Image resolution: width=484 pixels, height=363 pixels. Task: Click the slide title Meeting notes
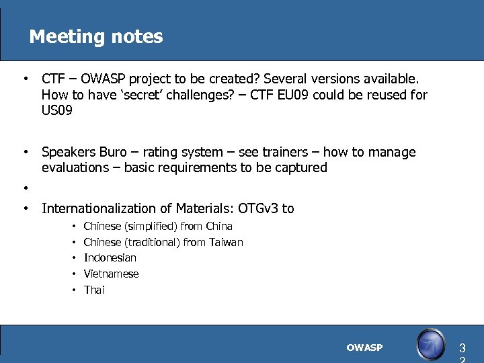click(x=95, y=36)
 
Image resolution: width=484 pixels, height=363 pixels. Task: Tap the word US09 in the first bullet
click(x=57, y=111)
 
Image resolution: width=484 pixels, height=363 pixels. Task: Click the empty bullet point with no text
click(x=25, y=188)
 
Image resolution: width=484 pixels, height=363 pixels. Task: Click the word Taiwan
click(x=226, y=242)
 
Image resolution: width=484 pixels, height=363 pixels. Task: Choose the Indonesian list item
click(x=110, y=258)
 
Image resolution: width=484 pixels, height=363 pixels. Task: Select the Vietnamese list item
click(x=111, y=274)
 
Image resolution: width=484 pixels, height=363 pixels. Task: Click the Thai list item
click(x=94, y=290)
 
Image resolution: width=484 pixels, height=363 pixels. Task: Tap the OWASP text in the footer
click(x=364, y=348)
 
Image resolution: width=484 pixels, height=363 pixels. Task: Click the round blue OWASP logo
click(x=430, y=345)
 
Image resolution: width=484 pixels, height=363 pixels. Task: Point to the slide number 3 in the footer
click(x=461, y=348)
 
